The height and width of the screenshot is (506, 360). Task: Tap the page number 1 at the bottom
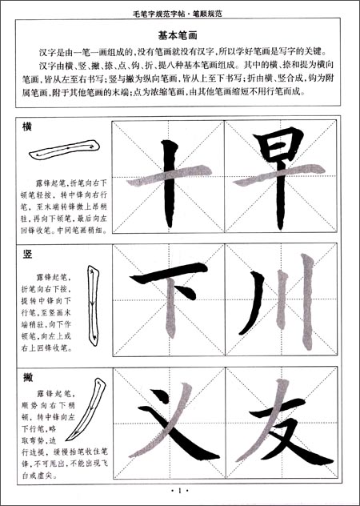pyautogui.click(x=179, y=491)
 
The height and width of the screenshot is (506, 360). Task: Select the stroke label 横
pyautogui.click(x=29, y=128)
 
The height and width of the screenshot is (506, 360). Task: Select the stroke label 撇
pyautogui.click(x=29, y=375)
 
